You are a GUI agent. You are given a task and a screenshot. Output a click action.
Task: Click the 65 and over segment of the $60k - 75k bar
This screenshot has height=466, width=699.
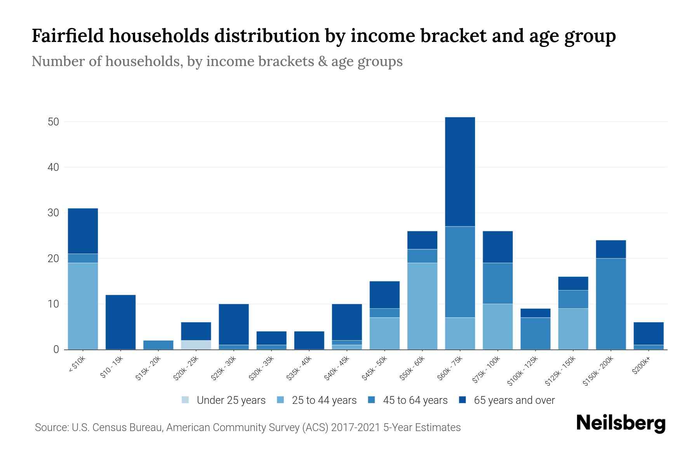click(x=460, y=172)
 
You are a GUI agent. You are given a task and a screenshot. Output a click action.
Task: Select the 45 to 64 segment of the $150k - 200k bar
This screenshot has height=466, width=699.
click(x=611, y=304)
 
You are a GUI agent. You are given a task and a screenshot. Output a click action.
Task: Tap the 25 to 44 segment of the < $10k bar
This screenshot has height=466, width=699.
click(x=83, y=306)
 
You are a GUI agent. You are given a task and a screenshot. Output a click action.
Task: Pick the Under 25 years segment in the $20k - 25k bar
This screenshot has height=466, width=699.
click(x=196, y=345)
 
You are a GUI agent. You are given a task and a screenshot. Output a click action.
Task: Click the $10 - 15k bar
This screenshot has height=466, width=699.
click(x=120, y=322)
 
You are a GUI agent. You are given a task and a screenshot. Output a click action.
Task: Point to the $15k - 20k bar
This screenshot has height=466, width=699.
click(x=158, y=345)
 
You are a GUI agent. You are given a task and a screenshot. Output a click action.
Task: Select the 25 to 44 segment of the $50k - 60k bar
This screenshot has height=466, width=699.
click(x=422, y=306)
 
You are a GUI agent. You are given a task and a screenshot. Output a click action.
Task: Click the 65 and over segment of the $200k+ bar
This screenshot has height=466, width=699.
click(x=649, y=334)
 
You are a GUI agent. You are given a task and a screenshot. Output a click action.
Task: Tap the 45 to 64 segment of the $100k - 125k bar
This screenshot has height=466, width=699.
click(x=536, y=334)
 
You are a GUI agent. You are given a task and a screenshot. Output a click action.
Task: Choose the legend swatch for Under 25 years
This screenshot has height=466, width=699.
click(x=185, y=400)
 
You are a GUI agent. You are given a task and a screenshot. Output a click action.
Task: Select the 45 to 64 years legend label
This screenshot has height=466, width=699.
click(x=415, y=400)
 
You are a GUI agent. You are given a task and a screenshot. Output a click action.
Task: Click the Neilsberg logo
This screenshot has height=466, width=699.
click(x=621, y=423)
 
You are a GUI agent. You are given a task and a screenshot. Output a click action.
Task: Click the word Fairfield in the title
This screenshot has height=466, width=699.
click(x=68, y=36)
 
